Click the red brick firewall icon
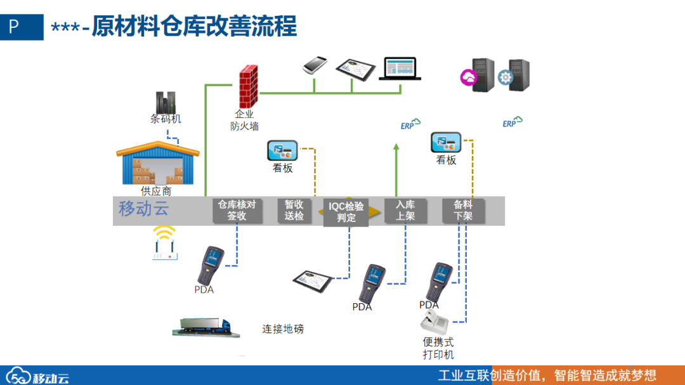248,87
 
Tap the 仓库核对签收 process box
237,211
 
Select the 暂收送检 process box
294,211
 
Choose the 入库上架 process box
405,211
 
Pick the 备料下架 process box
463,211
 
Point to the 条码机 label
166,119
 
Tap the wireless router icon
165,244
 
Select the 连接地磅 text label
283,329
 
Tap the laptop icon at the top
400,69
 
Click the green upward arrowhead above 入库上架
396,148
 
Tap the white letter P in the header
14,27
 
